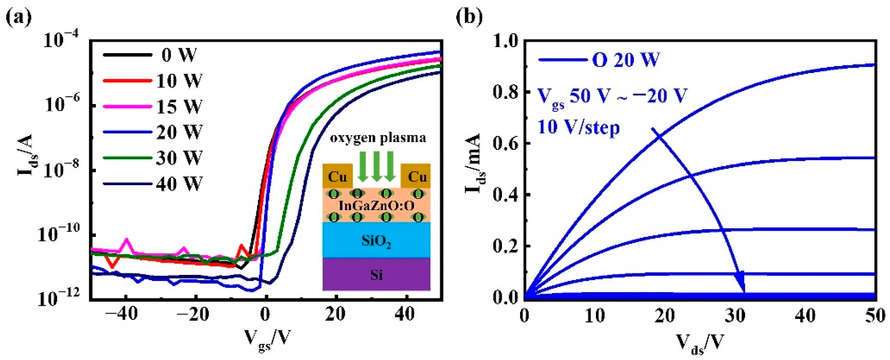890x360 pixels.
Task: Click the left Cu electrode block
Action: coord(337,176)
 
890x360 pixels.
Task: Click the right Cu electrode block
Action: coord(417,176)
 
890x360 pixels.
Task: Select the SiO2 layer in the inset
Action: coord(376,241)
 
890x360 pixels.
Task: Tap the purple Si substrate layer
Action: coord(376,275)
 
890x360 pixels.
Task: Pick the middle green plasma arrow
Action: coord(376,166)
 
